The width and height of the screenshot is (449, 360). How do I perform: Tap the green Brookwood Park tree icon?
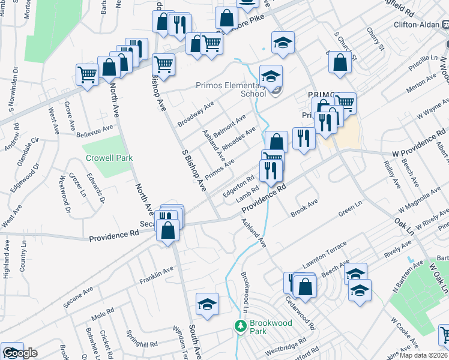240,326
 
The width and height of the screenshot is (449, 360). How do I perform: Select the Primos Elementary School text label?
231,89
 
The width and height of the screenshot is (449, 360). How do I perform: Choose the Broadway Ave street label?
196,114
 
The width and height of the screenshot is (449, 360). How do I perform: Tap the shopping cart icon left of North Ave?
88,75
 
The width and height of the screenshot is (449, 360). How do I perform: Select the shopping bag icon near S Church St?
340,62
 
